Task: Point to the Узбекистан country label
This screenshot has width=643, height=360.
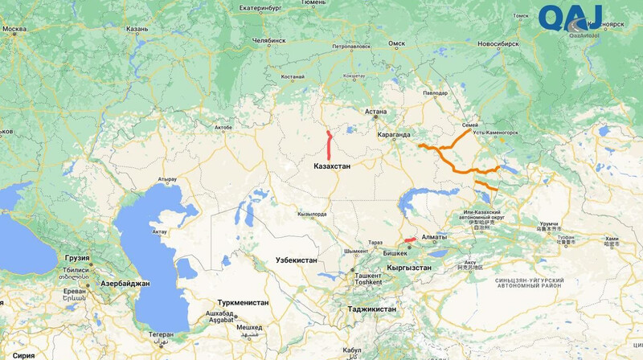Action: pos(296,260)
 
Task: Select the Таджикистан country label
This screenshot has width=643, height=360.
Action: pos(372,309)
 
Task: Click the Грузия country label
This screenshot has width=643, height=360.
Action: pos(78,259)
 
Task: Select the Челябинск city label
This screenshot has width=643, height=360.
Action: pos(268,39)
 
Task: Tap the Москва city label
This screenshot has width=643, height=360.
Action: pos(14,30)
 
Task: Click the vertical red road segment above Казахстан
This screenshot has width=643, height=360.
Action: pos(330,145)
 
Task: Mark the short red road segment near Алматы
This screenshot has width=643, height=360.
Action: pos(409,239)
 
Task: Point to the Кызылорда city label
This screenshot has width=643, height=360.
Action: pos(312,214)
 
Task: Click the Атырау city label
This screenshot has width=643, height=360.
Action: pos(167,178)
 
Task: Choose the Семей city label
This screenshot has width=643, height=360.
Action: pos(471,125)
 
